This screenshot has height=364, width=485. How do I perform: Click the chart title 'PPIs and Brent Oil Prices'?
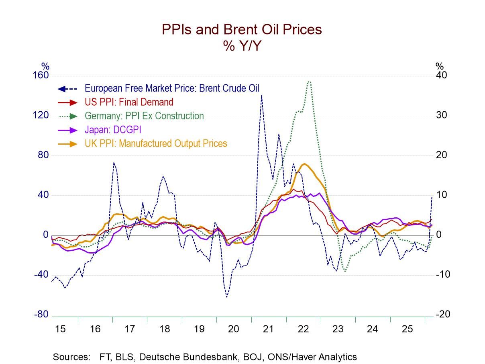click(x=242, y=29)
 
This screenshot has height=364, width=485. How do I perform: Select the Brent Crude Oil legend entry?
click(x=172, y=88)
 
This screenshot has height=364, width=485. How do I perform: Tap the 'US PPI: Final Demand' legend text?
click(x=129, y=102)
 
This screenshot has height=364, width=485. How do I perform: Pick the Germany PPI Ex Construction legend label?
click(x=144, y=116)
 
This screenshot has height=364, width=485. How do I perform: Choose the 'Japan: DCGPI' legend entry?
click(x=113, y=130)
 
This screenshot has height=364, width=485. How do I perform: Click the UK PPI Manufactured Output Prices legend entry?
click(x=156, y=143)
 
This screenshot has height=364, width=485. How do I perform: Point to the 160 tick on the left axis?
click(x=41, y=76)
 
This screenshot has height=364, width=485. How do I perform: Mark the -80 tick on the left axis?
click(x=41, y=315)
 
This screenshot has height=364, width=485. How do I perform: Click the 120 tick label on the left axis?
click(x=41, y=116)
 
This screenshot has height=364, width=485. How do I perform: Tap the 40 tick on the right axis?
click(x=441, y=76)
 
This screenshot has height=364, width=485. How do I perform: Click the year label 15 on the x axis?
click(x=60, y=329)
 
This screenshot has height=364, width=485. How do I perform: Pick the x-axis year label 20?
click(x=234, y=329)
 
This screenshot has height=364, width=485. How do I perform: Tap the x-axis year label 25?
click(x=408, y=329)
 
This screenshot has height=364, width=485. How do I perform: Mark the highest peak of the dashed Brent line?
click(x=261, y=95)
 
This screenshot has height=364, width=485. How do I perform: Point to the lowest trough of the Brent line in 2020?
click(x=226, y=297)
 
